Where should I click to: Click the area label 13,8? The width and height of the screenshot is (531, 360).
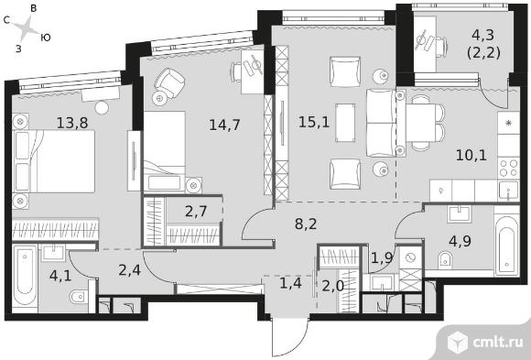pyautogui.click(x=72, y=123)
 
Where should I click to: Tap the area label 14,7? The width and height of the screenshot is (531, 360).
pyautogui.click(x=224, y=125)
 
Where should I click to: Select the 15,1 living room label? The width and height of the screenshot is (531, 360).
pyautogui.click(x=314, y=122)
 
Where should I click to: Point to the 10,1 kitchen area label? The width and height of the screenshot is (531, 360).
pyautogui.click(x=471, y=155)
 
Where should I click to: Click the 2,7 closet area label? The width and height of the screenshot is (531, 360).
pyautogui.click(x=196, y=212)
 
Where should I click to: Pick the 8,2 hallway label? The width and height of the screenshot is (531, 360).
pyautogui.click(x=306, y=224)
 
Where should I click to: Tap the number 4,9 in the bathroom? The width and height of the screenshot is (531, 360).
pyautogui.click(x=460, y=241)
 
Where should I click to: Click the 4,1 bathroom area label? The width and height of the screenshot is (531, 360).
pyautogui.click(x=60, y=276)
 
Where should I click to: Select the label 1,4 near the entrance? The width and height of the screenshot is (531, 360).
pyautogui.click(x=290, y=282)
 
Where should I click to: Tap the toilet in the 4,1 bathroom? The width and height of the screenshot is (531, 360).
pyautogui.click(x=79, y=297)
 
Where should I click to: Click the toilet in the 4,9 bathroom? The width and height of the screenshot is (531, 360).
pyautogui.click(x=445, y=259)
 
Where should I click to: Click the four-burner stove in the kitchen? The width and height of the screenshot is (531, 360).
pyautogui.click(x=509, y=168)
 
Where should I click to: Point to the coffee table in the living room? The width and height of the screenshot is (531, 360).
pyautogui.click(x=345, y=122)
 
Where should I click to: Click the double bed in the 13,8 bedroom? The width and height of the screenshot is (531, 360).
pyautogui.click(x=53, y=161)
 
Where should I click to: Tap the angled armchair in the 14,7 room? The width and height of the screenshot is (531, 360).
pyautogui.click(x=169, y=82)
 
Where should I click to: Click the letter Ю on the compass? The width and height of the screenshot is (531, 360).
pyautogui.click(x=46, y=38)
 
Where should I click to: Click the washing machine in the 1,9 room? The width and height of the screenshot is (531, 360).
pyautogui.click(x=411, y=258)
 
